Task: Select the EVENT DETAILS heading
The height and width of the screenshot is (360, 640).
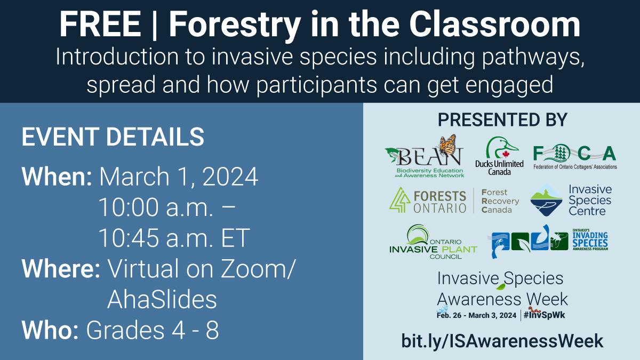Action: coord(113,138)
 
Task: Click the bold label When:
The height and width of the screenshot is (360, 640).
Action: coord(57,177)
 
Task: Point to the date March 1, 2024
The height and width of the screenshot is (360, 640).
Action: coord(179,177)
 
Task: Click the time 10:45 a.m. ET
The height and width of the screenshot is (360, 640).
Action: coord(174,239)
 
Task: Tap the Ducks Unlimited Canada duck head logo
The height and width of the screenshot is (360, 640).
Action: coord(501,148)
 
